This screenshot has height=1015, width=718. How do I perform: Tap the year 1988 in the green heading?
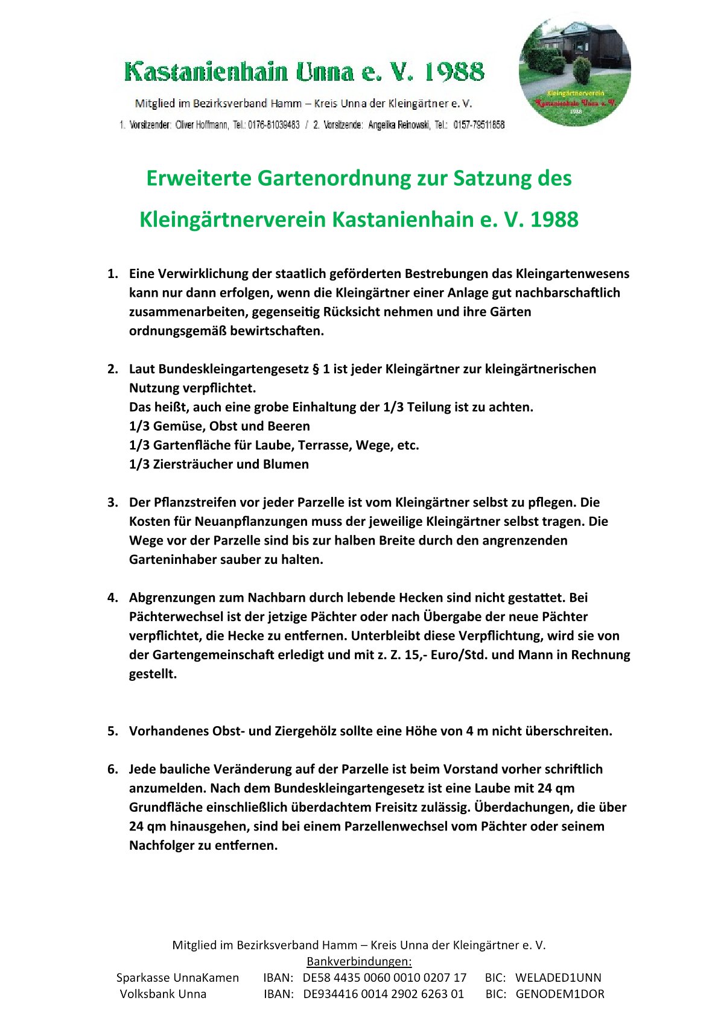tap(554, 220)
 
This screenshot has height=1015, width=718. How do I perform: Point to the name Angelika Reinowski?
tap(398, 125)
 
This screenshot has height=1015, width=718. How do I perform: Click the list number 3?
tap(112, 502)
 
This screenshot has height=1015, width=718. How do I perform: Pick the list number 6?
tap(112, 769)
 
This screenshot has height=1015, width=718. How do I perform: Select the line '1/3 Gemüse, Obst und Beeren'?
tap(220, 426)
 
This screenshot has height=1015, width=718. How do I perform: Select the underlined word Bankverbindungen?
tap(359, 961)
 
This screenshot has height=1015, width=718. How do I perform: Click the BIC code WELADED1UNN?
tap(558, 978)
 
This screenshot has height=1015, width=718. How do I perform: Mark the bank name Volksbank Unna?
tap(163, 994)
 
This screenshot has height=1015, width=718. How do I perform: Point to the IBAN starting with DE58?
tap(384, 978)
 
